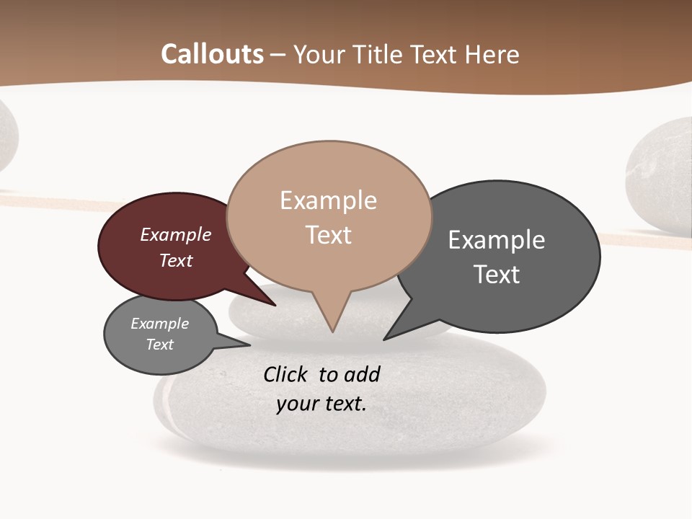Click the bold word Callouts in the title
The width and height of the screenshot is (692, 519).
point(212,54)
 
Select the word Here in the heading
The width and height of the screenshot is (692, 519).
point(492,54)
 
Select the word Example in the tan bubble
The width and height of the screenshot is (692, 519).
point(328,200)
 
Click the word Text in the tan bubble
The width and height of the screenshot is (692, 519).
point(328,235)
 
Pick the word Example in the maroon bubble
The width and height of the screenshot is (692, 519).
point(175,234)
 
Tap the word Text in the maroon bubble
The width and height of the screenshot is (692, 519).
point(175,260)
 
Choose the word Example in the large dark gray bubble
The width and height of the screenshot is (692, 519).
point(496,239)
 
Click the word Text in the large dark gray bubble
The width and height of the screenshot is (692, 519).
point(496,275)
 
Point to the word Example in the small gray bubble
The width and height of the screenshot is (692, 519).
point(159,324)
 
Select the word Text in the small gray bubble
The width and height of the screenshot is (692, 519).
point(159,345)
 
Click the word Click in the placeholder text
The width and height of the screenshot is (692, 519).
point(285,374)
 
